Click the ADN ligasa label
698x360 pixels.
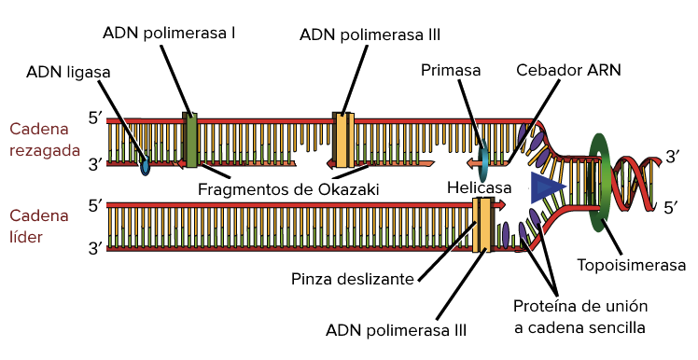pos(71,71)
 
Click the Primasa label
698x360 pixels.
pos(451,71)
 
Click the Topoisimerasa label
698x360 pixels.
pos(633,265)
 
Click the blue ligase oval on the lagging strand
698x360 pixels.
pos(145,168)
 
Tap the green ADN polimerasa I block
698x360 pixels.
pos(191,140)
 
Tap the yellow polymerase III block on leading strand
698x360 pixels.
pos(483,225)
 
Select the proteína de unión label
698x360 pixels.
pos(580,317)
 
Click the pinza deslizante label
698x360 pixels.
pos(358,278)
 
